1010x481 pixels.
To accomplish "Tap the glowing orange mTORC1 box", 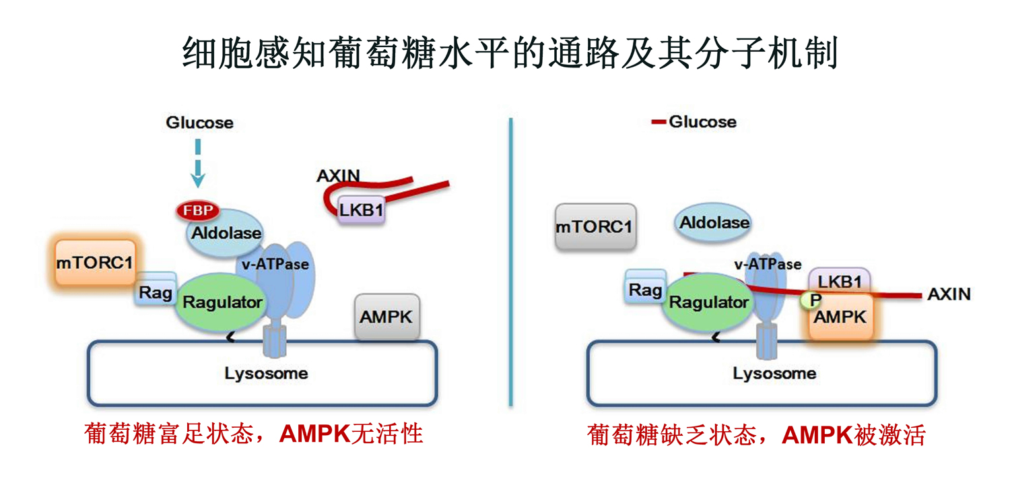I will click(94, 263).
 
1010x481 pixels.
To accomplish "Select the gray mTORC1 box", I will click(594, 227).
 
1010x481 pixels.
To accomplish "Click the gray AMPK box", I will click(386, 317).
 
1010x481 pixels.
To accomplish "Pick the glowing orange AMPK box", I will click(840, 317).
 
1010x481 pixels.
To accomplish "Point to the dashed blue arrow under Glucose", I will click(198, 162).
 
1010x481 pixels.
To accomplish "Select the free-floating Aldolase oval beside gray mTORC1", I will click(714, 222).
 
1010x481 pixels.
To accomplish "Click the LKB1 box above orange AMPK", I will click(840, 281).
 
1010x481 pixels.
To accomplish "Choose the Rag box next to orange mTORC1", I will click(155, 292).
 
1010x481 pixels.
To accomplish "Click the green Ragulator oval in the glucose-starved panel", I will click(709, 302).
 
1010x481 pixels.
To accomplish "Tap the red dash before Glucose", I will click(658, 122).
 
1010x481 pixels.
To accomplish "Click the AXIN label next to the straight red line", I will click(949, 294).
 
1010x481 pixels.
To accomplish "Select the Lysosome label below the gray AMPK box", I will click(266, 373).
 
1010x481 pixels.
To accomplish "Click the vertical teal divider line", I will click(511, 263).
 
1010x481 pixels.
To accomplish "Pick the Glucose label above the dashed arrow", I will click(200, 123).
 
